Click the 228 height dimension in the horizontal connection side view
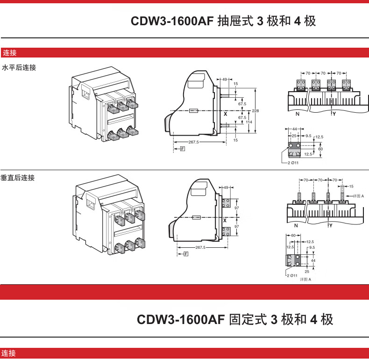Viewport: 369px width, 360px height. tap(255, 111)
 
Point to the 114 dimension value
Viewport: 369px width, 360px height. tap(249, 122)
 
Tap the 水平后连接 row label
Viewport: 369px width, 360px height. tap(19, 68)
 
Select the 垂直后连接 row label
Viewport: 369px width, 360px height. tap(18, 178)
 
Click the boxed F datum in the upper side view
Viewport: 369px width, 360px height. tap(182, 149)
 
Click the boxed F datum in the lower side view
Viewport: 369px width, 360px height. tap(185, 254)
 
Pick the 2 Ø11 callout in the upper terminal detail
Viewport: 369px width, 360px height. tap(293, 163)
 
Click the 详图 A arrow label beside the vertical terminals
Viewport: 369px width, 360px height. tap(358, 196)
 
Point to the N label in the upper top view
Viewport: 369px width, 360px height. tap(297, 114)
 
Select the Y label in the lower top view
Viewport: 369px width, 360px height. tap(330, 226)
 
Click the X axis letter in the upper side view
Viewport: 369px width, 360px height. tap(225, 114)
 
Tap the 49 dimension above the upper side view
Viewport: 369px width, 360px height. tap(224, 79)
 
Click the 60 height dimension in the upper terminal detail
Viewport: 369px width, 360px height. tap(320, 149)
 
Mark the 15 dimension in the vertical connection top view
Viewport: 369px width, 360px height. tap(351, 186)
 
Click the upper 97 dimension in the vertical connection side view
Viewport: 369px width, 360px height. tap(236, 208)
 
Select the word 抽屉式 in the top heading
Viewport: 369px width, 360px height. tap(236, 22)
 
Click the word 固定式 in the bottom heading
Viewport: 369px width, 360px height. tap(248, 320)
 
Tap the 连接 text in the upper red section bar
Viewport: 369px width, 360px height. tap(10, 53)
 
